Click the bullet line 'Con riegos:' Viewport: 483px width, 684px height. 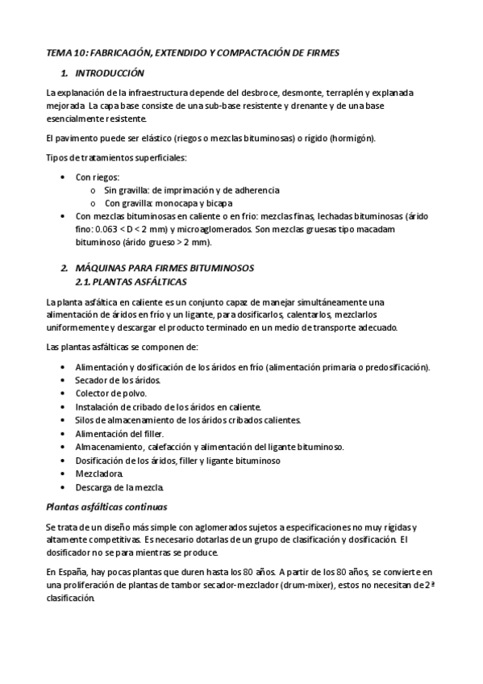[98, 177]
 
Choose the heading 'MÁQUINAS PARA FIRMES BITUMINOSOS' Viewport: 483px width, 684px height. [164, 268]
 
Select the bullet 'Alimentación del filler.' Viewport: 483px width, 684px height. [119, 433]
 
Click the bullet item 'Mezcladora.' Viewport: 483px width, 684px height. [100, 473]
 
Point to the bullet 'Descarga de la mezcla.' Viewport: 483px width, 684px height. [119, 487]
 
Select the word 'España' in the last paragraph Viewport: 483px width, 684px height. [72, 571]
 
